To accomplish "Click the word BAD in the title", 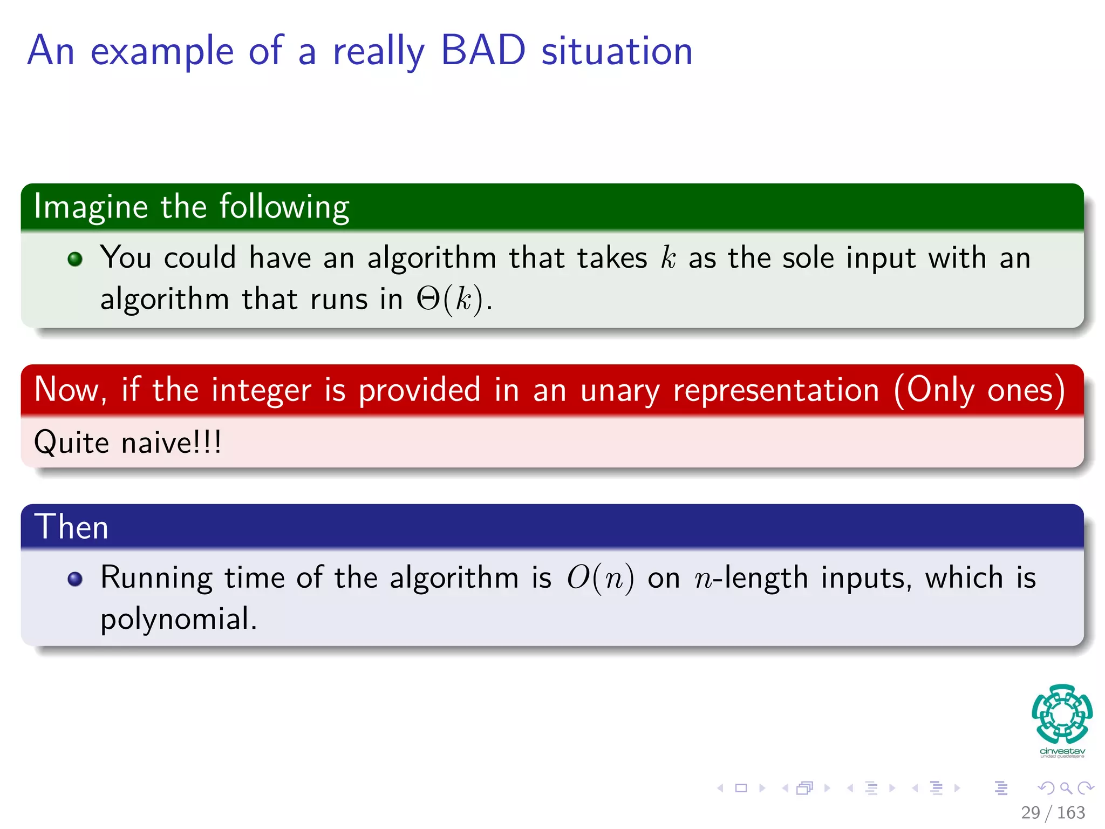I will [483, 50].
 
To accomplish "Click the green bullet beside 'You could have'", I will [75, 259].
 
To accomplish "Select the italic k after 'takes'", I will [668, 257].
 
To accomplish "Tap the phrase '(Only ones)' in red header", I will [979, 390].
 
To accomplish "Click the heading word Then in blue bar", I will [71, 527].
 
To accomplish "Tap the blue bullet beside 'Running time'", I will [75, 579].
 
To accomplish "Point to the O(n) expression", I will [600, 579].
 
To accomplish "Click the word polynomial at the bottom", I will [178, 619].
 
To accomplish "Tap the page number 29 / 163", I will [1053, 812].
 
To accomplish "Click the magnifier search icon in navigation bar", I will [1066, 788].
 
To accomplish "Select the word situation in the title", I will [617, 50].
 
